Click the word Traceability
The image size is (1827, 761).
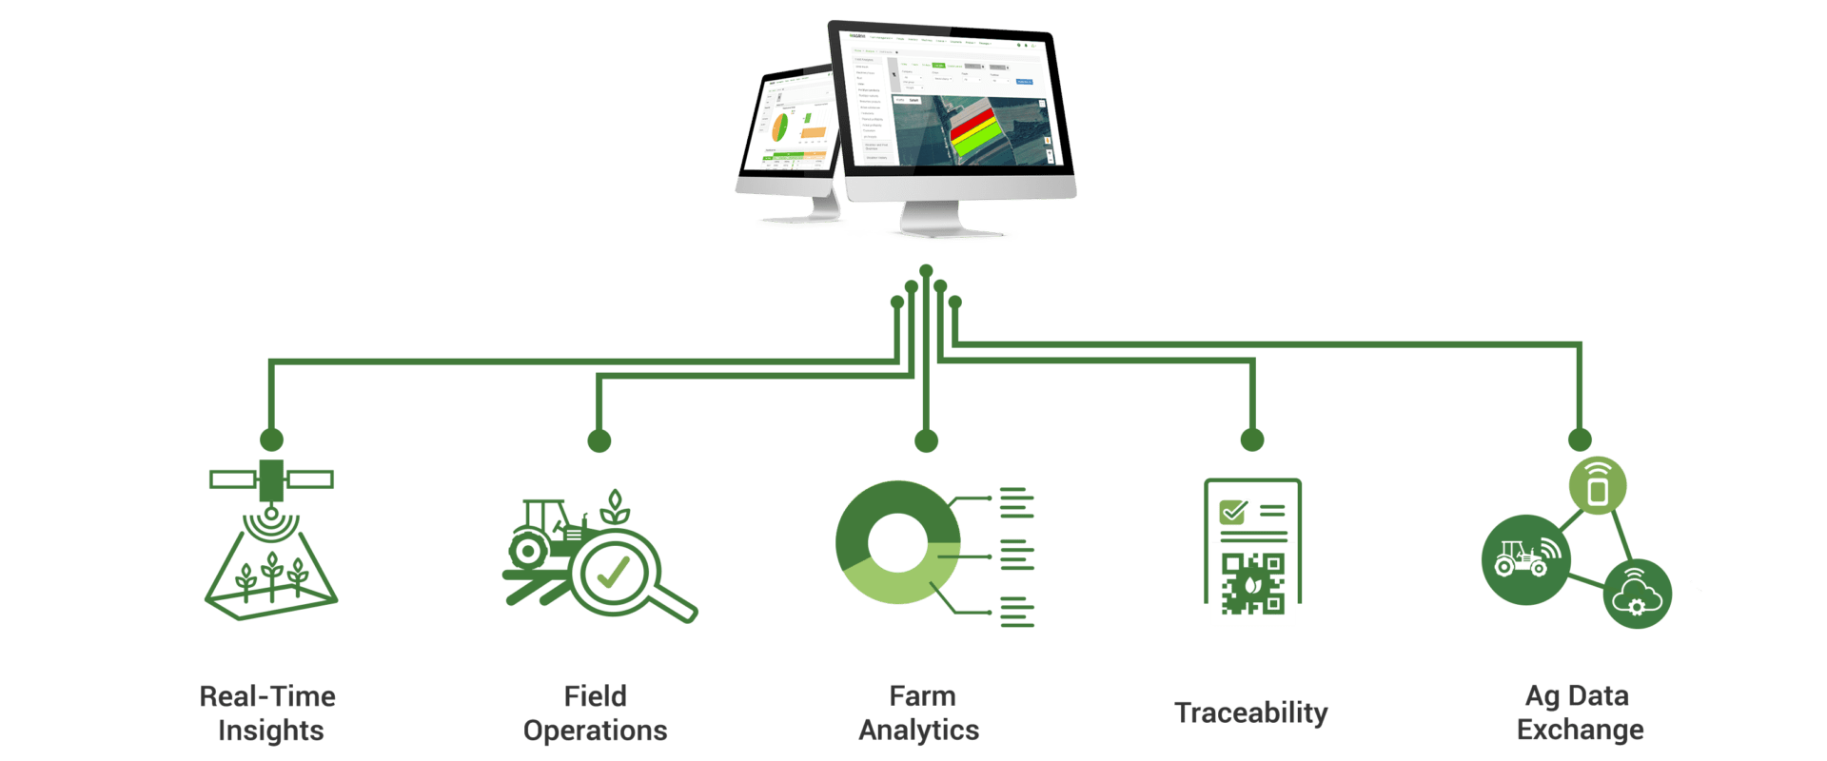click(x=1250, y=712)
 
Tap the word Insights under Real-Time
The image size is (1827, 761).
click(x=270, y=731)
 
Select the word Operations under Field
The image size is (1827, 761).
click(x=596, y=731)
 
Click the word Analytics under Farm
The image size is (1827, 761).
click(x=919, y=730)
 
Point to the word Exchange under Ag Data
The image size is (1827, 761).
click(x=1580, y=730)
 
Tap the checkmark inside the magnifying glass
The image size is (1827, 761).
click(x=613, y=573)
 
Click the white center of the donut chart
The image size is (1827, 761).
click(x=897, y=543)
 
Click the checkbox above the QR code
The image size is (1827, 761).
click(x=1234, y=511)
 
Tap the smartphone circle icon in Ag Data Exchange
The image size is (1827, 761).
click(x=1598, y=486)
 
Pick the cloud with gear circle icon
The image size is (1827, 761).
click(x=1637, y=595)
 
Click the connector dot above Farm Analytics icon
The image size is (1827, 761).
click(x=927, y=440)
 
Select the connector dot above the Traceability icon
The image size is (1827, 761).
click(x=1252, y=439)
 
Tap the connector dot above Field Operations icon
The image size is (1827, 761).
click(x=599, y=440)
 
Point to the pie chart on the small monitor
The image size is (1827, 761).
click(x=779, y=126)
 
